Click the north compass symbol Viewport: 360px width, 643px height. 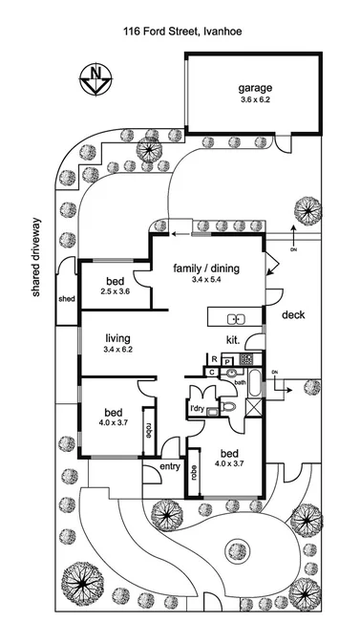[x=94, y=77]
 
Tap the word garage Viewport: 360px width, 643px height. [x=255, y=90]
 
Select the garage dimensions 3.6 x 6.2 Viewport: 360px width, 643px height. [x=255, y=101]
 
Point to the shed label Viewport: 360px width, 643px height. [x=66, y=298]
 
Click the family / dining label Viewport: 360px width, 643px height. [x=205, y=268]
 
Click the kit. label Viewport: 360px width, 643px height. [x=232, y=339]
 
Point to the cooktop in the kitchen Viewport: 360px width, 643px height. [x=246, y=360]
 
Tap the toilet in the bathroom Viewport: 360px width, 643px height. [x=228, y=406]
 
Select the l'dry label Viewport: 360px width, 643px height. [x=198, y=409]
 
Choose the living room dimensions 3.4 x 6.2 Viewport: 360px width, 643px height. [x=118, y=350]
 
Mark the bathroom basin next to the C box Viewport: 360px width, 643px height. [x=229, y=372]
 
